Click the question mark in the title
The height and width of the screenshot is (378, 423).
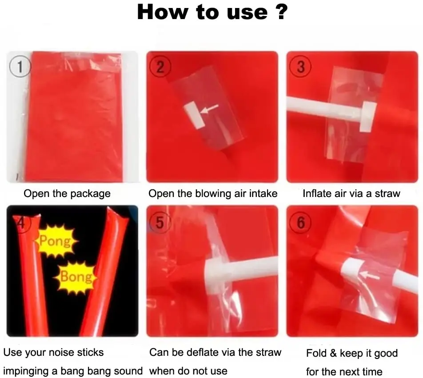point(279,12)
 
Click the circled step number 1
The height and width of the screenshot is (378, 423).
point(19,67)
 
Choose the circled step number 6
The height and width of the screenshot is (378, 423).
point(301,223)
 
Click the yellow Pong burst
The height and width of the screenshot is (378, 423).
point(55,241)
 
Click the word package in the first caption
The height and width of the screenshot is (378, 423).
point(91,194)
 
